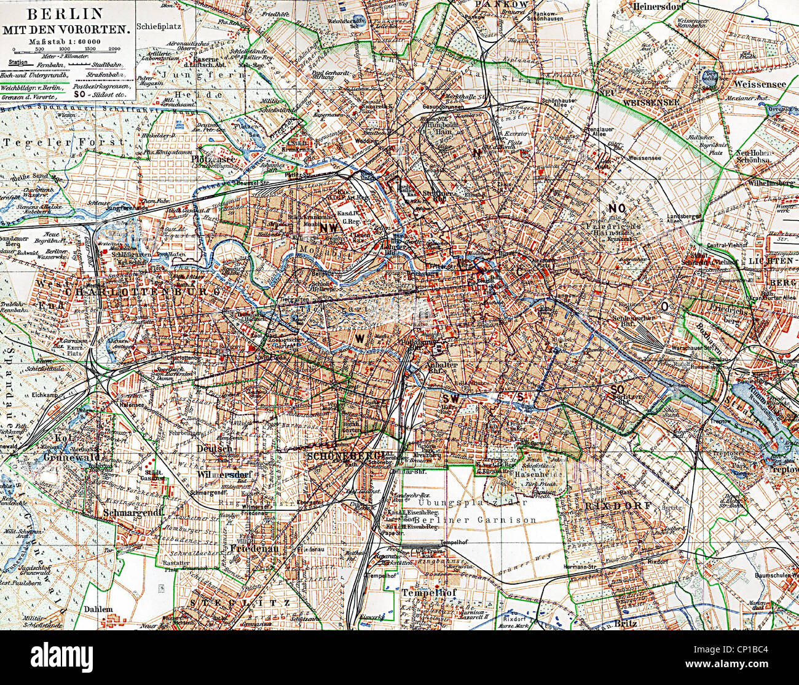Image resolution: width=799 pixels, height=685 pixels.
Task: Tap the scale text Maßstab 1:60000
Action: [65, 41]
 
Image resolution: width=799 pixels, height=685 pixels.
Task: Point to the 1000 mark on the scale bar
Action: [64, 48]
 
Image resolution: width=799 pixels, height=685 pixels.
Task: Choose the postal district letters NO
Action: [616, 208]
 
